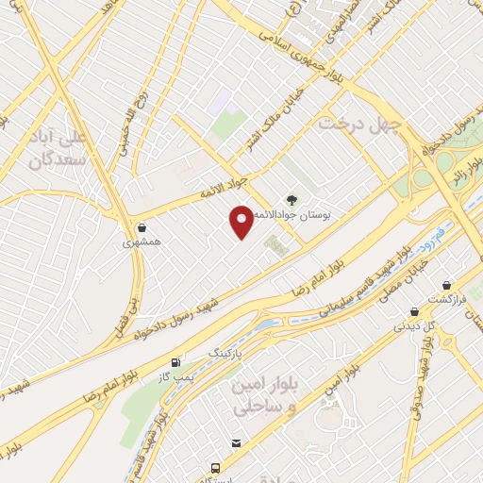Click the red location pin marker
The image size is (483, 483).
click(x=241, y=223)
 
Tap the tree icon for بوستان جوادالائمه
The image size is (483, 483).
click(x=290, y=199)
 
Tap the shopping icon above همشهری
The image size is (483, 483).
click(x=142, y=227)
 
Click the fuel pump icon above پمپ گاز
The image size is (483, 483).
click(x=175, y=362)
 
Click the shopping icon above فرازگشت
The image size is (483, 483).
click(x=446, y=284)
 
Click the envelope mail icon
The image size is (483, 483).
click(x=235, y=442)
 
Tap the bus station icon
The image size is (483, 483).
click(x=217, y=468)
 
